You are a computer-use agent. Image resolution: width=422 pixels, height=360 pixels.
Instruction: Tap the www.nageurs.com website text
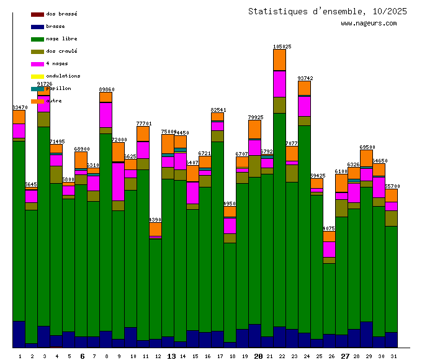[x=369, y=24]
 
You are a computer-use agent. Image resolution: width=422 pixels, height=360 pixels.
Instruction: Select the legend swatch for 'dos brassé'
[x=37, y=14]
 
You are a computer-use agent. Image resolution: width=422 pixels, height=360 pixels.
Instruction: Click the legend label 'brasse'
[x=55, y=27]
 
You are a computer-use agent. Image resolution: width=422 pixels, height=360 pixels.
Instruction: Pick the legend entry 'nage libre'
[x=61, y=39]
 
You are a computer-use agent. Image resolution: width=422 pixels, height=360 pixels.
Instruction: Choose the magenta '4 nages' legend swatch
[x=37, y=64]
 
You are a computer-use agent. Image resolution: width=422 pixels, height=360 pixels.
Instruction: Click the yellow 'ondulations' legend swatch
[x=37, y=76]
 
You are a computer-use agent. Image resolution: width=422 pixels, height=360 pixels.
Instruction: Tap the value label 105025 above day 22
[x=282, y=47]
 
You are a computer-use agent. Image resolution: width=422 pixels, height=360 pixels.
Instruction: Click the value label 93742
[x=305, y=78]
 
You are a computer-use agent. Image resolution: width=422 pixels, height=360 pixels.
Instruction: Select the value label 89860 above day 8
[x=106, y=89]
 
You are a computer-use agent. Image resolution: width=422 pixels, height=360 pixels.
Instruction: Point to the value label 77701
[x=143, y=124]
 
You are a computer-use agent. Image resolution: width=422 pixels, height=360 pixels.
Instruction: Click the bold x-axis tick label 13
[x=172, y=356]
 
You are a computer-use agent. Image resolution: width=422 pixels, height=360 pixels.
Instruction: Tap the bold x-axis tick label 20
[x=259, y=356]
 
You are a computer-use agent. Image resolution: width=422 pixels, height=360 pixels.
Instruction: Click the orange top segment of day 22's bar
[x=280, y=60]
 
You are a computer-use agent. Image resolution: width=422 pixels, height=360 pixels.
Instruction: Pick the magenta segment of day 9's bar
[x=119, y=181]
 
